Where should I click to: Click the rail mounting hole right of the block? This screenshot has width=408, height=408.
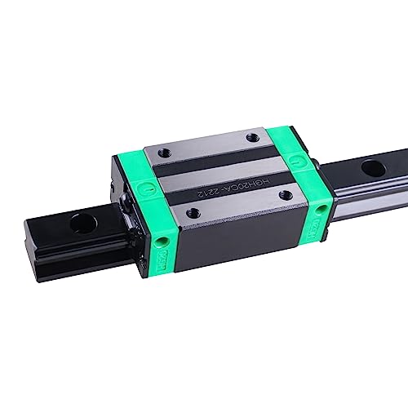coord(374,169)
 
